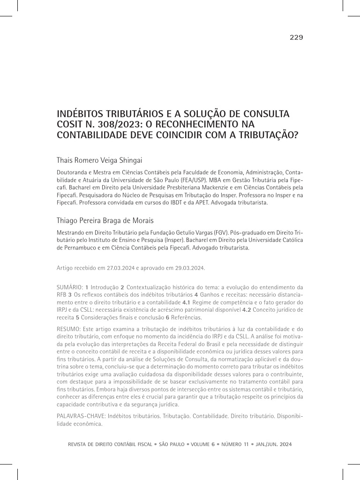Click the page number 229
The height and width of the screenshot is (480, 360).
click(296, 37)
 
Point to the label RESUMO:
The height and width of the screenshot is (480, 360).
click(68, 329)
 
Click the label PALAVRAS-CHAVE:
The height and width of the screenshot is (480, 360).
click(81, 416)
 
